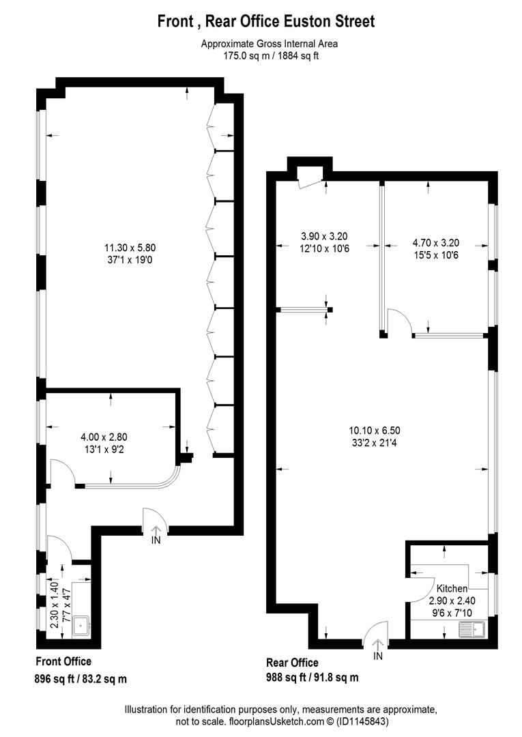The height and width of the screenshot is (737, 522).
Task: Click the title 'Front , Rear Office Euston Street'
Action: click(x=266, y=21)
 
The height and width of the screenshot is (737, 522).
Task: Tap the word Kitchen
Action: click(x=452, y=588)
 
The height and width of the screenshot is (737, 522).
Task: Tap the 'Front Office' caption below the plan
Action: click(x=63, y=661)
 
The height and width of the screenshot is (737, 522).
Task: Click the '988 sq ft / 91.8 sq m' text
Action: click(x=311, y=678)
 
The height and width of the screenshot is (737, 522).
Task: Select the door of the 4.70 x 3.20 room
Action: click(x=399, y=321)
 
